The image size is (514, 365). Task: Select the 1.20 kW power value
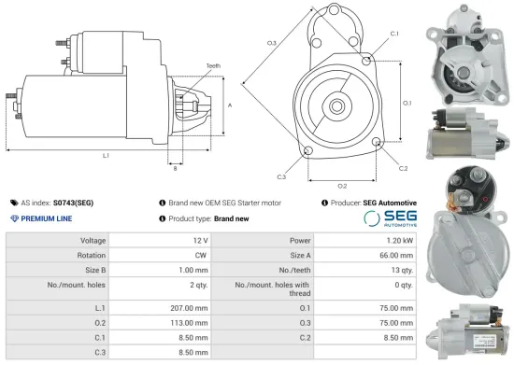click(x=396, y=240)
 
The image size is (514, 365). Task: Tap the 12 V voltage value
click(x=199, y=240)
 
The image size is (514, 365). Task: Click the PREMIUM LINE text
click(x=46, y=218)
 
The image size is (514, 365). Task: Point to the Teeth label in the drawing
click(x=213, y=65)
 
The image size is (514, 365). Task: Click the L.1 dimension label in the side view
click(x=106, y=155)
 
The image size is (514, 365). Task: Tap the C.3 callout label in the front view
click(x=281, y=175)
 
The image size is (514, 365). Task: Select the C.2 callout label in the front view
click(x=403, y=169)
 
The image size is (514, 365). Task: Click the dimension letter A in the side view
click(x=230, y=105)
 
